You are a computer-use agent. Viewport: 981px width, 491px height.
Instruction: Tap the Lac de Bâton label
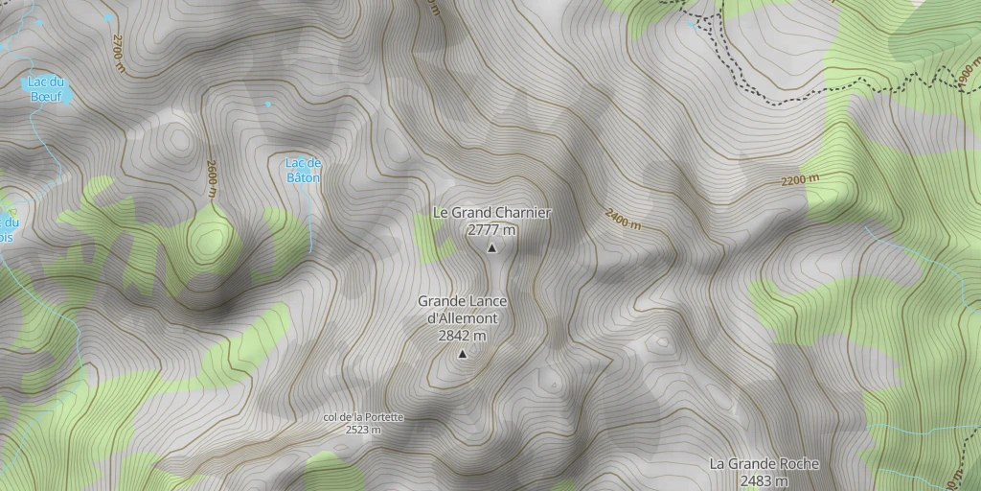tap(304, 170)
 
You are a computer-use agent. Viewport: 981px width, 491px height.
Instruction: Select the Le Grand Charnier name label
tap(492, 212)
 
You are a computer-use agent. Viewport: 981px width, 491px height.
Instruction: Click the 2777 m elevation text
tap(492, 230)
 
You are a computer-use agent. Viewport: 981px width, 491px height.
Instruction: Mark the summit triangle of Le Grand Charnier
tap(492, 248)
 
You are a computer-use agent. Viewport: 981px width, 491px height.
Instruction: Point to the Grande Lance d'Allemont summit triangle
tap(463, 355)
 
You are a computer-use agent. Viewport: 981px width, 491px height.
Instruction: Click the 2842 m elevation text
tap(462, 336)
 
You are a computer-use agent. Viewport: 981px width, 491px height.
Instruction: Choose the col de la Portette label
tap(363, 417)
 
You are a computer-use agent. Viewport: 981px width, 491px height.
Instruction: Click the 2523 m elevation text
tap(363, 430)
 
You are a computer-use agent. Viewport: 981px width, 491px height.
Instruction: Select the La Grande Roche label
tap(764, 463)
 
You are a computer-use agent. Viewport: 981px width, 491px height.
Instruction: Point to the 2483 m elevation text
tap(764, 480)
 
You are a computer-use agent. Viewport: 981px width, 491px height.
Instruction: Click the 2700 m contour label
tap(119, 54)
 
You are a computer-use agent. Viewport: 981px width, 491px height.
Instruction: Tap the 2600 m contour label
tap(211, 178)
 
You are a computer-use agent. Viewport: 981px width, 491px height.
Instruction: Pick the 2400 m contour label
tap(622, 219)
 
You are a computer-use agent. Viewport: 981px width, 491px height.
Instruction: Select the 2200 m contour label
tap(801, 180)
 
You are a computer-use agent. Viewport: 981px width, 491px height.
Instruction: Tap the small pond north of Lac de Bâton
tap(268, 104)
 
